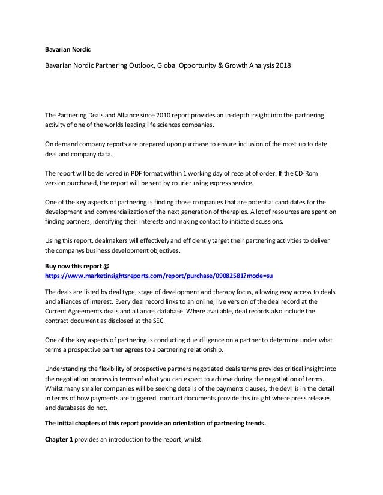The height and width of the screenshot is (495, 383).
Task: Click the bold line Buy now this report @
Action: (x=78, y=265)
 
